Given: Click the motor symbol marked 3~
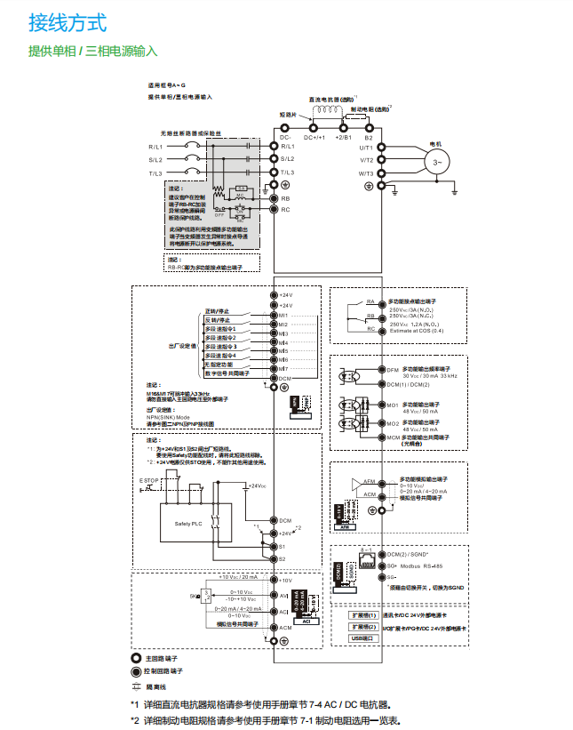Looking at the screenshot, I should click(x=436, y=162).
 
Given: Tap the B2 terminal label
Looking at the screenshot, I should click(x=369, y=138).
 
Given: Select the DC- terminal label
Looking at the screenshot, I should click(x=286, y=138).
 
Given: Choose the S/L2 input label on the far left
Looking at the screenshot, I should click(x=155, y=159).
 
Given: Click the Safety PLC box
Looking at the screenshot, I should click(x=189, y=524).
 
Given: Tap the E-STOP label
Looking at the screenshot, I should click(x=148, y=481).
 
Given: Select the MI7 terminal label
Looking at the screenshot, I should click(x=284, y=368).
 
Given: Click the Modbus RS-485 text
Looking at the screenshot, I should click(x=422, y=566).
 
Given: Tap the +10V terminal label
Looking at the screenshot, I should click(x=286, y=580).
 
